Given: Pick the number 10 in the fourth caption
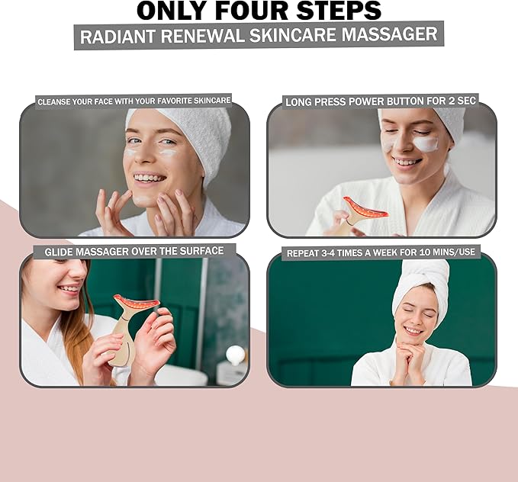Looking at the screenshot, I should tap(423, 253).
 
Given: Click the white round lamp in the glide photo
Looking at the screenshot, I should tap(236, 355).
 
